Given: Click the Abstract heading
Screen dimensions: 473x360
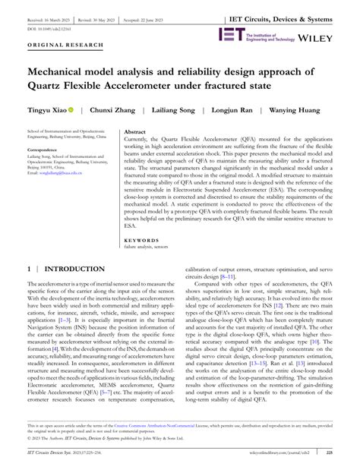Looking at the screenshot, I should click(x=134, y=131).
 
